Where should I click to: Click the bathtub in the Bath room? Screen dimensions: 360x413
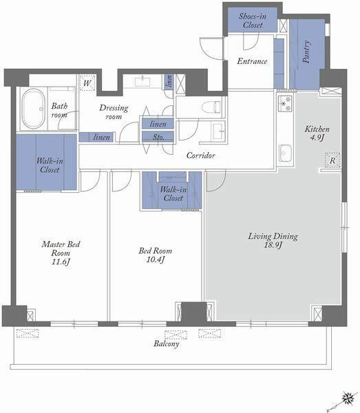[x=33, y=109]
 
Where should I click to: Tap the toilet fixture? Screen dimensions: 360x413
[x=211, y=107]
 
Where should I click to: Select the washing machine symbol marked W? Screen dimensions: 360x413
[x=87, y=83]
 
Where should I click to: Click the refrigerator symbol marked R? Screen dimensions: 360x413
[x=332, y=160]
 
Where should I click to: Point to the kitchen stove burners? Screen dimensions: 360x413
[x=285, y=103]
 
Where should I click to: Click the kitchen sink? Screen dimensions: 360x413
[x=285, y=153]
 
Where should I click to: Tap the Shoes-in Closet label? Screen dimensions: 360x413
[x=253, y=21]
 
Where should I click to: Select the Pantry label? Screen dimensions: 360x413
[x=306, y=52]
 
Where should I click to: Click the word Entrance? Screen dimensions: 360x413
[x=252, y=61]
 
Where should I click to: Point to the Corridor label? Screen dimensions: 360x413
[x=201, y=156]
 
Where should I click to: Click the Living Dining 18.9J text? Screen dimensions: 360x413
[x=273, y=240]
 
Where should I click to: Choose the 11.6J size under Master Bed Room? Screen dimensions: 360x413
[x=61, y=262]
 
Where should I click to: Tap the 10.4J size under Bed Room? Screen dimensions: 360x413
[x=156, y=260]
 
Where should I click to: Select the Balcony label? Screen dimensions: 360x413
[x=167, y=343]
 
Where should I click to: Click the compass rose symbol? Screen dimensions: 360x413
[x=348, y=398]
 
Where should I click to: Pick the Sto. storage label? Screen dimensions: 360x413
[x=158, y=137]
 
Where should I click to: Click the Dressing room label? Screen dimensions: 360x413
[x=114, y=112]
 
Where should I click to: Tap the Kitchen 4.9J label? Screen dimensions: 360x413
[x=317, y=134]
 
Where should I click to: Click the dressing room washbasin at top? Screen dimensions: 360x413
[x=142, y=81]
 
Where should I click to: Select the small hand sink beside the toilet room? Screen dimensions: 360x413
[x=219, y=131]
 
